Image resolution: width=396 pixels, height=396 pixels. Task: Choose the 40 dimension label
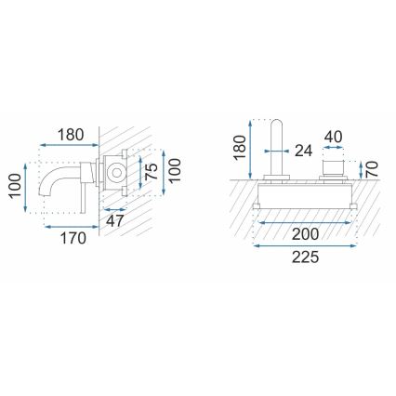pos(334,137)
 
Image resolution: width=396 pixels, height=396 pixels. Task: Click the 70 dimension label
pos(369,168)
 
